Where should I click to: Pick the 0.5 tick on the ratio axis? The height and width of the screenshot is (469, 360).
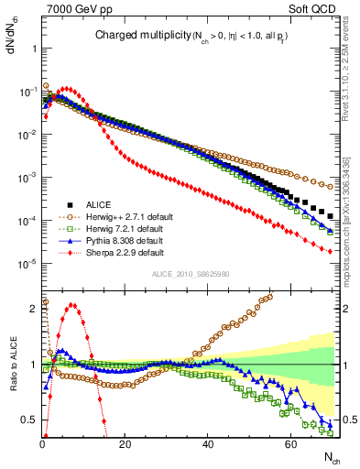29,420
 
